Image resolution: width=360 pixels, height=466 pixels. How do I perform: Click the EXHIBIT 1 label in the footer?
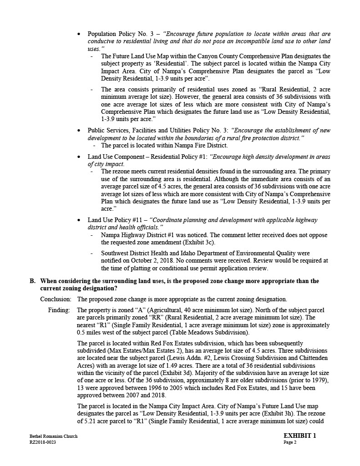(299, 436)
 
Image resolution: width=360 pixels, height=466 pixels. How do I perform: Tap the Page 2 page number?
(290, 442)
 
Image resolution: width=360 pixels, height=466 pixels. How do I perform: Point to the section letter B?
(32, 281)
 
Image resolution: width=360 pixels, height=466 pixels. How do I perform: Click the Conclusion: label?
(56, 299)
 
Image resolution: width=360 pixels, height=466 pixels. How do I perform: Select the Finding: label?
(60, 310)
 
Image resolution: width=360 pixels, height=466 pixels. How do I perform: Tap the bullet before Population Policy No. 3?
(80, 34)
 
